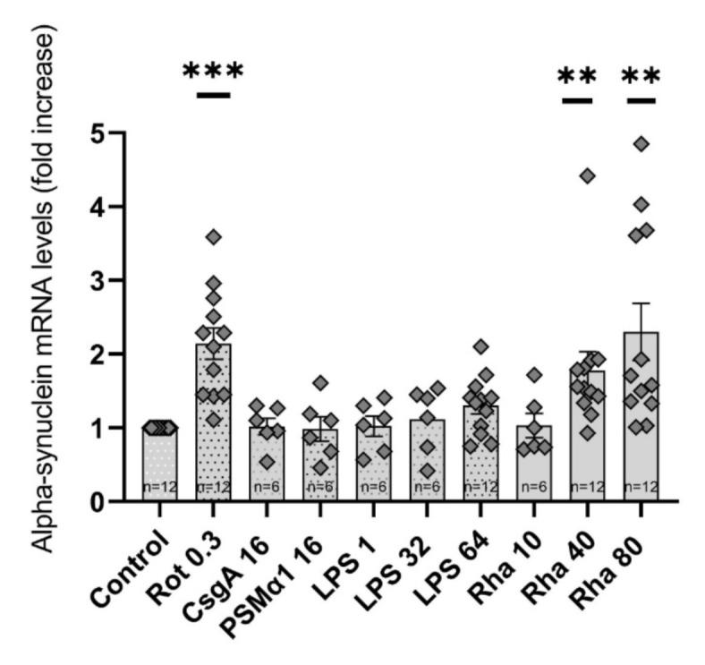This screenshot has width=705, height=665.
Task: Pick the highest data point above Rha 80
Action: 641,144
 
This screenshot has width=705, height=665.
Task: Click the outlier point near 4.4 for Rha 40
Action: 588,175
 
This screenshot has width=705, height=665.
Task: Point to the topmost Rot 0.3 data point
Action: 213,237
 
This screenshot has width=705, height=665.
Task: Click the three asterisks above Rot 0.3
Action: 212,72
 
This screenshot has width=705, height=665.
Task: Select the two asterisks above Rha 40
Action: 577,76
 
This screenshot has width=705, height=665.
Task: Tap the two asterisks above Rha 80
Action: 641,76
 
